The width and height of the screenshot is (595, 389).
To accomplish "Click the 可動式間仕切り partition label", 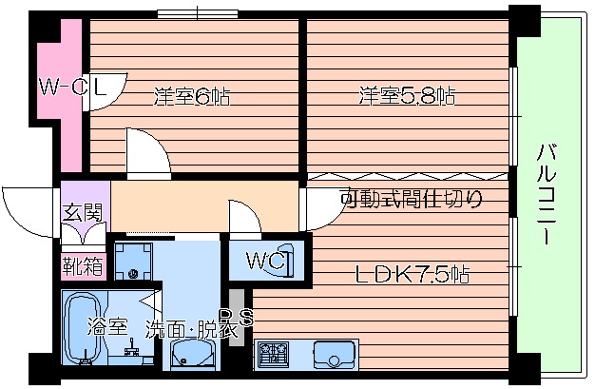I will click(412, 200).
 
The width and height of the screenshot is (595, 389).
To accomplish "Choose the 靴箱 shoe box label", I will click(83, 263).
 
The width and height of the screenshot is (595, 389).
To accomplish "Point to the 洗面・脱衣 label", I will click(190, 329).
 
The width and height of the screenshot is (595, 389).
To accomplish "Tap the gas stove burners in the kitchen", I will click(275, 354).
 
